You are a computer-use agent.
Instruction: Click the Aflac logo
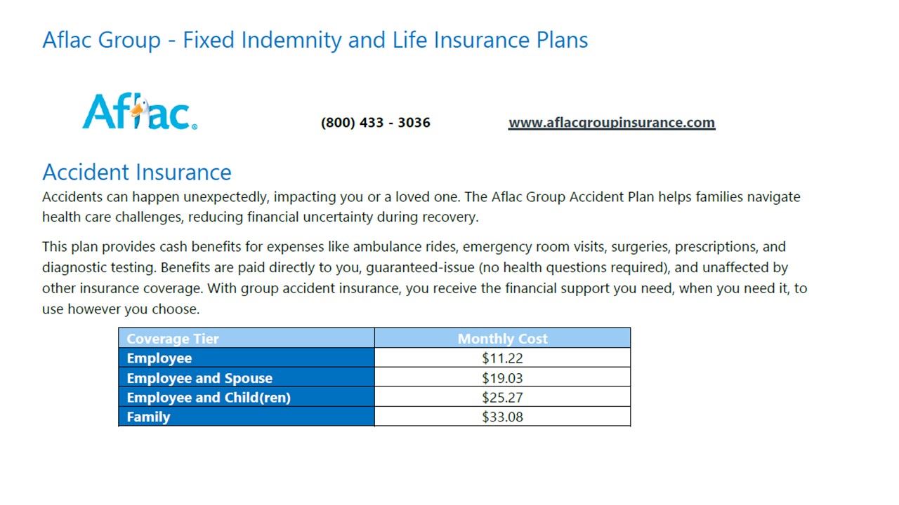tap(139, 113)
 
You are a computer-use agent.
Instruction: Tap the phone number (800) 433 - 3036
tap(375, 123)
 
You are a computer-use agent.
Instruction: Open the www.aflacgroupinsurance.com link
tap(611, 123)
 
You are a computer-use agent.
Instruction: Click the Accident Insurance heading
tap(136, 172)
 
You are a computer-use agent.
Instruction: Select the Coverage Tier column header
tap(173, 339)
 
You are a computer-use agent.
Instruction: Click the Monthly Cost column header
tap(502, 339)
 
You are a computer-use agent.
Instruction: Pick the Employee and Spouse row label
tap(199, 378)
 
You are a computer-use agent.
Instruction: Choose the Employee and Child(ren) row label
tap(209, 398)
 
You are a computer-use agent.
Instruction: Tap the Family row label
tap(148, 417)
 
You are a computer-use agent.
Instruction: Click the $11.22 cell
tap(502, 358)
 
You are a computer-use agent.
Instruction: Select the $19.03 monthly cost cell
tap(502, 378)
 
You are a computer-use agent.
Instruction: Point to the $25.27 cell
tap(502, 398)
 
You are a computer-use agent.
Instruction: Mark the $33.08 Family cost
tap(502, 417)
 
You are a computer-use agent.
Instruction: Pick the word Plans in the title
tap(562, 40)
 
